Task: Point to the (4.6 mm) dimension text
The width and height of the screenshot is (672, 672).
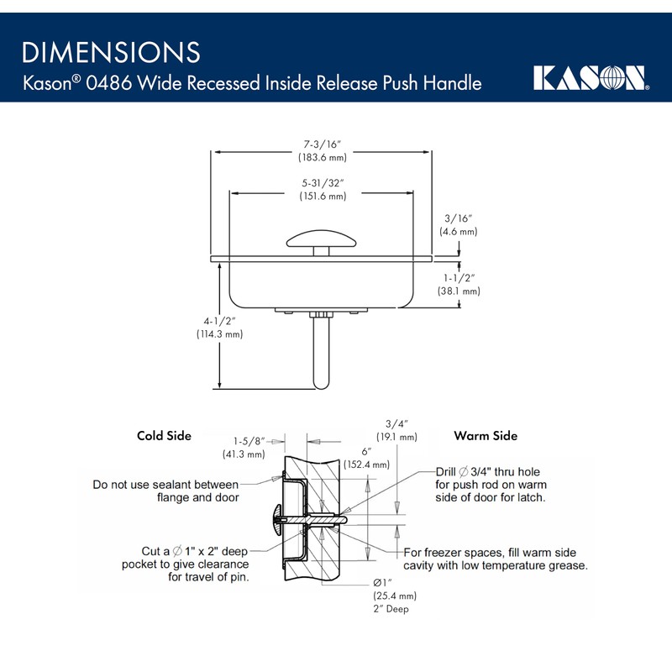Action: coord(458,231)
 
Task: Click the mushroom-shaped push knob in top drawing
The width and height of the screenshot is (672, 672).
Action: coord(323,240)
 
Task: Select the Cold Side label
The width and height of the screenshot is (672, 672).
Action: coord(164,436)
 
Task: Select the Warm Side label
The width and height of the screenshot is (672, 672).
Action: coord(486,436)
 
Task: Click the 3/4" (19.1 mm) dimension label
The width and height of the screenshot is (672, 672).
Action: coord(396,430)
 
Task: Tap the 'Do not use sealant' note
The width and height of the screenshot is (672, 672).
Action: coord(165,491)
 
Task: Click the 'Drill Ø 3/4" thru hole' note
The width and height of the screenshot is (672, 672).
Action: coord(491,485)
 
